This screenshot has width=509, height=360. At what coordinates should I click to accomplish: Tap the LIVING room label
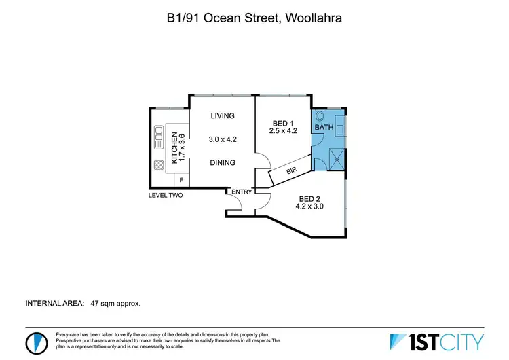222,115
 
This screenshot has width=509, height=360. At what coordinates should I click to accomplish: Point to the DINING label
223,163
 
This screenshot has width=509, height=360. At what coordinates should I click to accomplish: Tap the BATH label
324,127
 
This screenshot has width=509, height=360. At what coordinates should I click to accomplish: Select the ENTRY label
242,192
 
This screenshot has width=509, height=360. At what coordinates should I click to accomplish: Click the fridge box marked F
181,179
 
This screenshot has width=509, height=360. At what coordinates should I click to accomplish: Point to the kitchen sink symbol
158,137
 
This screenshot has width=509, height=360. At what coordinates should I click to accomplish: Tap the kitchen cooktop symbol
158,164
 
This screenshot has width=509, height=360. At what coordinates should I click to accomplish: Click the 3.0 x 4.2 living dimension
223,139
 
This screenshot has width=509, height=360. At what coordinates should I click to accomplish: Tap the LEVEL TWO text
166,195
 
